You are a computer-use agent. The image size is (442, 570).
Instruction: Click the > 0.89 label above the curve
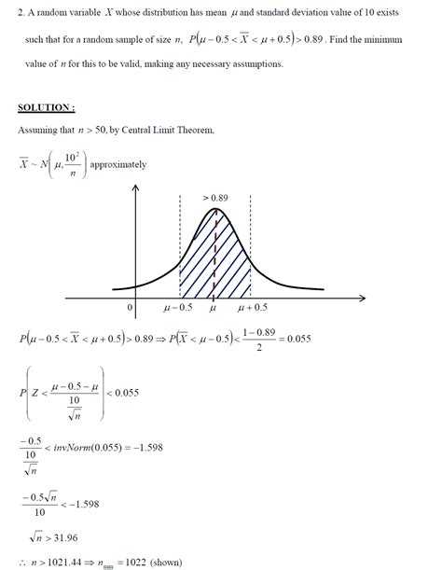pos(216,199)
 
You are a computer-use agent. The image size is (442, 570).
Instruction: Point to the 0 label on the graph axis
pos(131,307)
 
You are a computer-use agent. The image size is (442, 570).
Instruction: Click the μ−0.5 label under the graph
pos(177,307)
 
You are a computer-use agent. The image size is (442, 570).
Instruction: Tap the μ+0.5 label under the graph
pos(253,307)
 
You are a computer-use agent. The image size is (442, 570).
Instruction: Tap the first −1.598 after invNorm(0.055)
pos(172,448)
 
